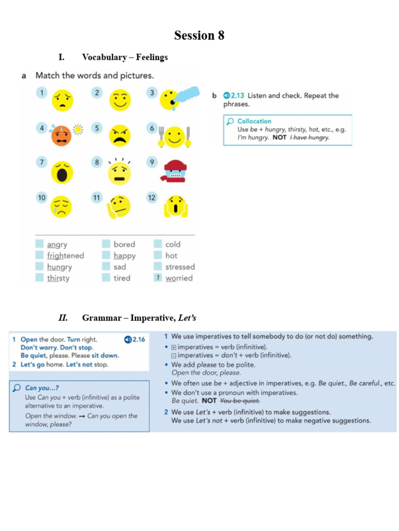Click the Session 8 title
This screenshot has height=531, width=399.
click(x=199, y=35)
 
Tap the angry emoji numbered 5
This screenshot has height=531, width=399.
click(x=120, y=135)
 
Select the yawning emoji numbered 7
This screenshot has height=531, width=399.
click(x=62, y=172)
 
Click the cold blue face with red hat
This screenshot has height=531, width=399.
click(x=175, y=171)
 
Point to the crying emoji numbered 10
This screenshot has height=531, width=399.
click(x=61, y=207)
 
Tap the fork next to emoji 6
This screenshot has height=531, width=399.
click(x=161, y=136)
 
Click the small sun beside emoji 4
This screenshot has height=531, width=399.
click(x=78, y=129)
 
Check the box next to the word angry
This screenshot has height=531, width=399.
click(x=39, y=244)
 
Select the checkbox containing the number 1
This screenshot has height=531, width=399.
click(x=157, y=278)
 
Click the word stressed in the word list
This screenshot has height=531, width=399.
click(x=180, y=267)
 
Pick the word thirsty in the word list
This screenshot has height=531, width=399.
click(x=58, y=278)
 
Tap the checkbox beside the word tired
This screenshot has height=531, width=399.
click(x=106, y=278)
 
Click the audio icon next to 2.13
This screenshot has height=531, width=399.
click(x=227, y=95)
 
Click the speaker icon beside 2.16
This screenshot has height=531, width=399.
click(x=128, y=339)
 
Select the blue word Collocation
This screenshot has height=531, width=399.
click(x=254, y=121)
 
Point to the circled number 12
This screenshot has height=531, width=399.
click(x=152, y=198)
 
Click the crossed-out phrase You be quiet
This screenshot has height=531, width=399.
click(x=240, y=401)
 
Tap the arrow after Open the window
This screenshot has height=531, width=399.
click(x=82, y=416)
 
